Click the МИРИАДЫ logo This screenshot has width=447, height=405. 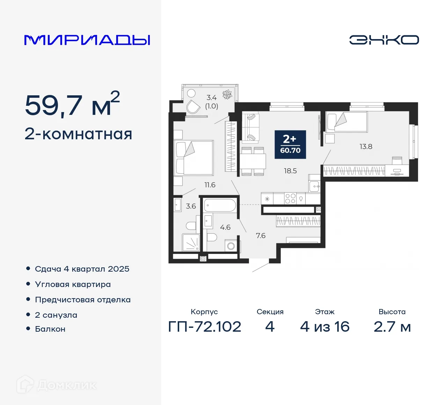click(87, 40)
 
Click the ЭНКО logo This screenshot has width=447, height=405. click(384, 40)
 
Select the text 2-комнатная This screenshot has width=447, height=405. click(79, 134)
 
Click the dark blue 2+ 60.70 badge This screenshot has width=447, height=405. click(290, 145)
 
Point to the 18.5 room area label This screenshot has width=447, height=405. click(290, 171)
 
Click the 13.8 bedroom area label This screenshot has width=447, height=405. click(366, 147)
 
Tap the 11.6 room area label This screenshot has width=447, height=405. click(210, 185)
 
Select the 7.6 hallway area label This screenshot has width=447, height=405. click(261, 236)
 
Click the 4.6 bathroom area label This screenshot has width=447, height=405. click(225, 227)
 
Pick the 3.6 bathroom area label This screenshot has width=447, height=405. click(191, 206)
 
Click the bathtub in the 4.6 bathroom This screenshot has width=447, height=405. click(220, 205)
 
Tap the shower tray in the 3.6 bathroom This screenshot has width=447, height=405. click(191, 242)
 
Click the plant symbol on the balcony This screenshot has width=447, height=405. click(227, 94)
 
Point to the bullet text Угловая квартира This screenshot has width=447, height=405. click(73, 285)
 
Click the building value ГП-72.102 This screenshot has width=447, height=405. click(205, 327)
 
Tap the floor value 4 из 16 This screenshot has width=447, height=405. click(325, 327)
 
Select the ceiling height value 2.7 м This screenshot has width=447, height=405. click(392, 327)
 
